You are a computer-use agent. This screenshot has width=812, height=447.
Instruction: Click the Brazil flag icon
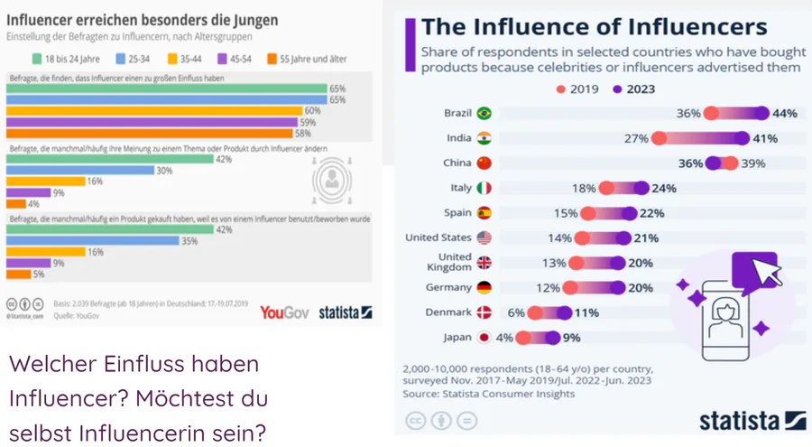[x=484, y=114]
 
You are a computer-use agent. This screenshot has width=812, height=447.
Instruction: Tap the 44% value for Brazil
[x=784, y=114]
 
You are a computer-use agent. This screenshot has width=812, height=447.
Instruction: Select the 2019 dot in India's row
[x=659, y=139]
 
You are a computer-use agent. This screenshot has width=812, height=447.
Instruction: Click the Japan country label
[x=458, y=338]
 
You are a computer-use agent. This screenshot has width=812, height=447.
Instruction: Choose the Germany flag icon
[x=484, y=288]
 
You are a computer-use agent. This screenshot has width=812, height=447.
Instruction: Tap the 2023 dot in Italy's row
[x=641, y=189]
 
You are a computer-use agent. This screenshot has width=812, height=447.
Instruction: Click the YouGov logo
[x=284, y=312]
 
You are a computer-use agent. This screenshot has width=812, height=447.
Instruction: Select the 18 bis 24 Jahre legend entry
[x=67, y=59]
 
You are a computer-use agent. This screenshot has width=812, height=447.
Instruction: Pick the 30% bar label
[x=165, y=170]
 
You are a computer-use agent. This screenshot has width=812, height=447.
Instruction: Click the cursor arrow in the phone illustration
[x=765, y=270]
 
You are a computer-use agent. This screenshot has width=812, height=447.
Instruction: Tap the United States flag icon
[x=484, y=238]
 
